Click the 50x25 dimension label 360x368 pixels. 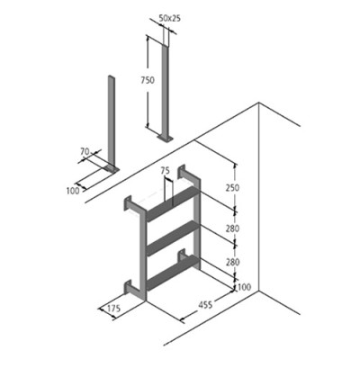point(169,18)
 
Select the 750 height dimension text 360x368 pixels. point(148,80)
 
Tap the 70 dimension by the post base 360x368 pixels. point(85,152)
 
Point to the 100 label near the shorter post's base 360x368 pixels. point(73,191)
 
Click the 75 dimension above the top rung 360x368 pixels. point(166,171)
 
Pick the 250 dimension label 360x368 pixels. point(232,187)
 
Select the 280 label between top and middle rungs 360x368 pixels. point(232,229)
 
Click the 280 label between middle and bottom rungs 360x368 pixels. point(232,262)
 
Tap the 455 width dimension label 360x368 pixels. point(205,304)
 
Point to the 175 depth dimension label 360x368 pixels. point(113,309)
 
